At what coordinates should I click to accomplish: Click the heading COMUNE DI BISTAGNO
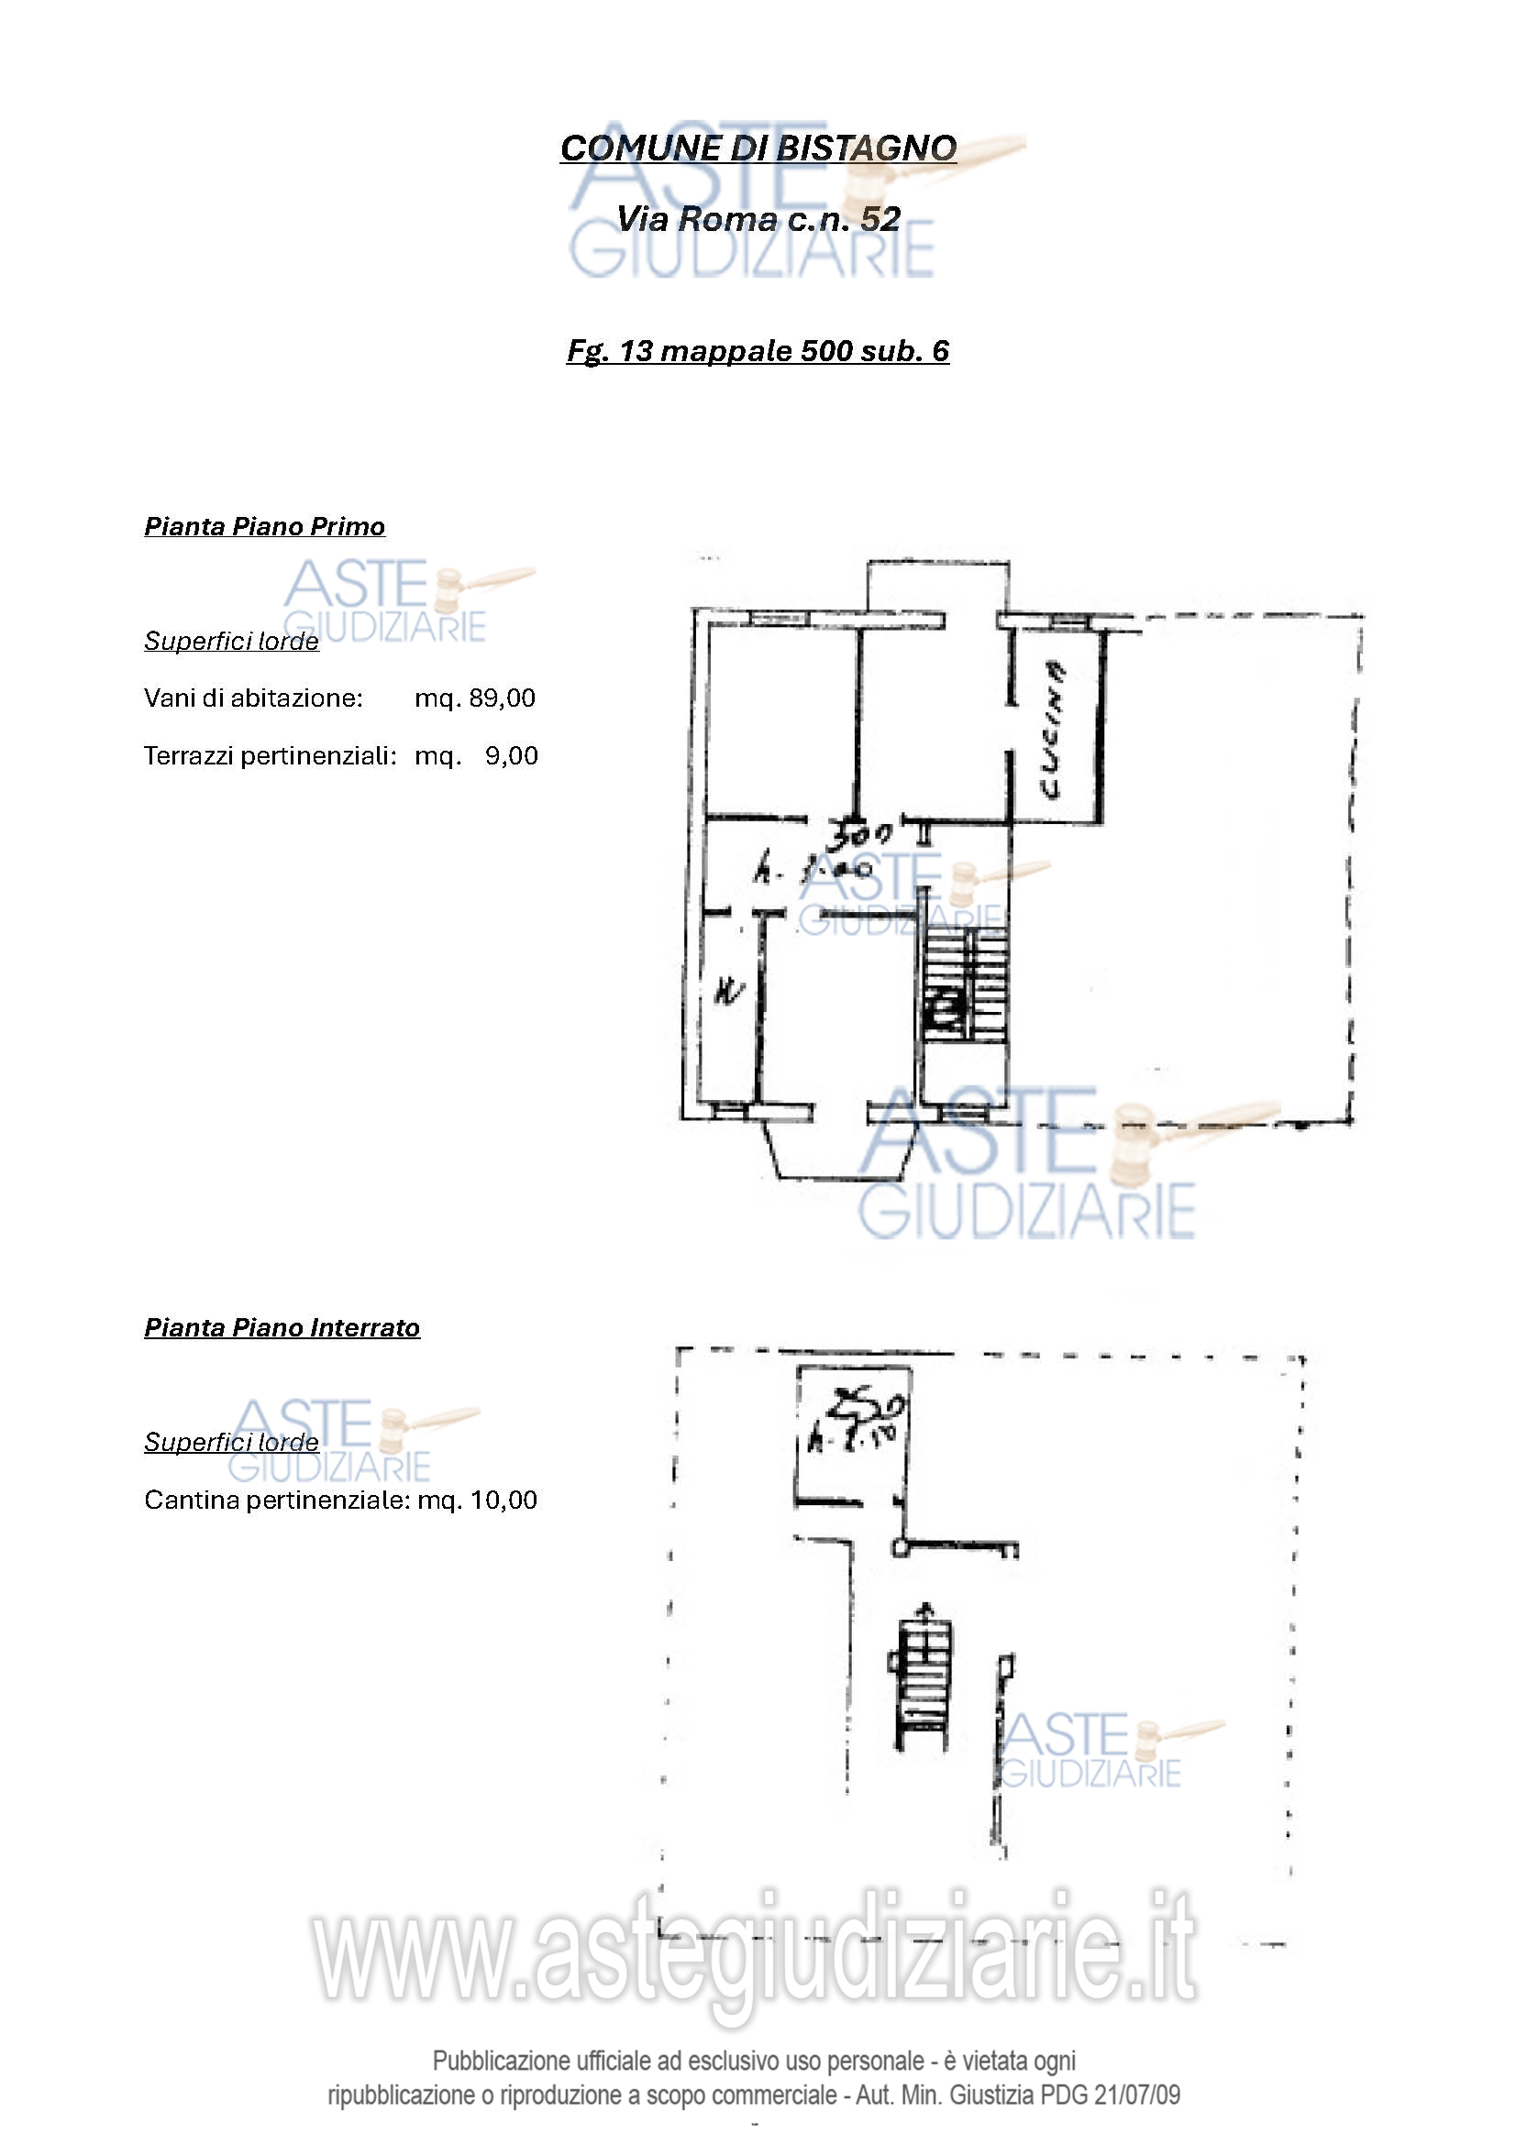(758, 148)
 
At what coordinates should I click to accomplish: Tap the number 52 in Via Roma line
(880, 218)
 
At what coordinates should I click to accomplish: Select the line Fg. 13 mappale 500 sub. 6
(758, 350)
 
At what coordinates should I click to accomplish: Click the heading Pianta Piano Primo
(264, 527)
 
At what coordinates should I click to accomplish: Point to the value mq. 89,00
(474, 698)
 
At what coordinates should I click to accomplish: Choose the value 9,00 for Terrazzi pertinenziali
(511, 755)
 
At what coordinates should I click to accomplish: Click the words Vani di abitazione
(252, 698)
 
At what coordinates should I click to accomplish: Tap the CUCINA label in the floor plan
(1053, 731)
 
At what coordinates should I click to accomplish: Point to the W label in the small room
(728, 991)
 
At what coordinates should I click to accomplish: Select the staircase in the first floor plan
(966, 985)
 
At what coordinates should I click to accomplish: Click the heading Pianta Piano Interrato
(282, 1328)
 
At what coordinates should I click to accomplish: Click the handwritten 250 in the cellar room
(868, 1403)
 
